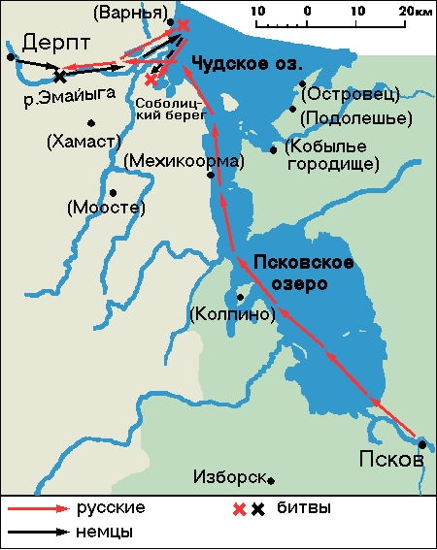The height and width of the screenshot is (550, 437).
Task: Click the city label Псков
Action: click(x=391, y=459)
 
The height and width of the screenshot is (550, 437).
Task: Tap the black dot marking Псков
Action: click(x=422, y=445)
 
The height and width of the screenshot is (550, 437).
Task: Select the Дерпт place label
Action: click(x=54, y=43)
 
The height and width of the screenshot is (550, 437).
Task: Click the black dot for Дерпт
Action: click(x=11, y=57)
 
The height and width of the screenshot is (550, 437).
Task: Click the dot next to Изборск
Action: click(x=271, y=479)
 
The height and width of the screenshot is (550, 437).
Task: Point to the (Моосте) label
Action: click(x=107, y=208)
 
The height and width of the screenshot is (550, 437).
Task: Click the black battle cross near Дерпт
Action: click(x=60, y=75)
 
